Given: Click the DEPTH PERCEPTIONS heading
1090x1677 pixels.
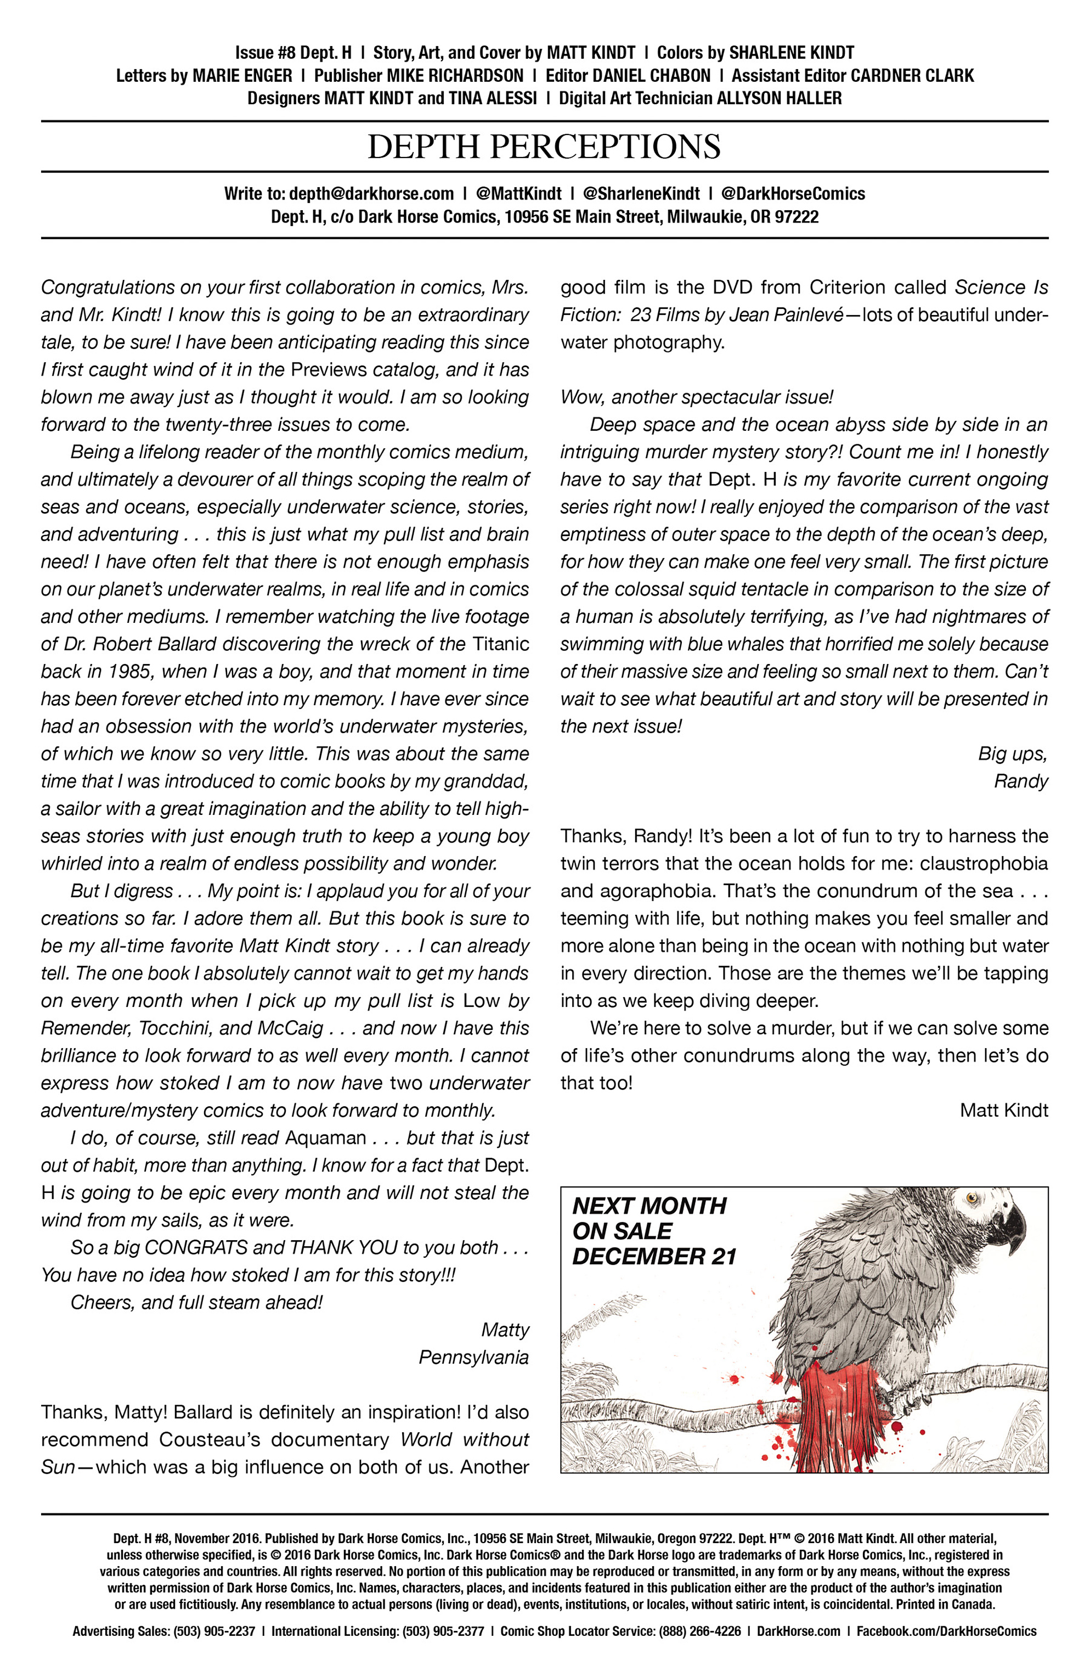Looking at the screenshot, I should click(x=544, y=147).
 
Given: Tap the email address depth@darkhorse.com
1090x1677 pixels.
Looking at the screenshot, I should click(x=371, y=194).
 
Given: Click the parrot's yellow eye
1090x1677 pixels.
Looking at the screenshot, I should click(x=973, y=1198).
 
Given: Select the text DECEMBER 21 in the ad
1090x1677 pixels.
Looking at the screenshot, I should click(x=654, y=1256).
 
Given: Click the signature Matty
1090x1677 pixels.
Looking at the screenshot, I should click(x=505, y=1330).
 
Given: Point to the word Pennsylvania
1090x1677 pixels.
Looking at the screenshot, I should click(x=473, y=1357).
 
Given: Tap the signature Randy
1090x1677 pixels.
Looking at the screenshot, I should click(x=1021, y=781).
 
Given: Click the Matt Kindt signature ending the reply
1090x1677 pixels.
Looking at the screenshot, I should click(x=1003, y=1111).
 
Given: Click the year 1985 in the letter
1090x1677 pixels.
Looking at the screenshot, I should click(x=131, y=672).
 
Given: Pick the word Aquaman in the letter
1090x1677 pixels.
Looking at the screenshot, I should click(x=325, y=1138).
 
